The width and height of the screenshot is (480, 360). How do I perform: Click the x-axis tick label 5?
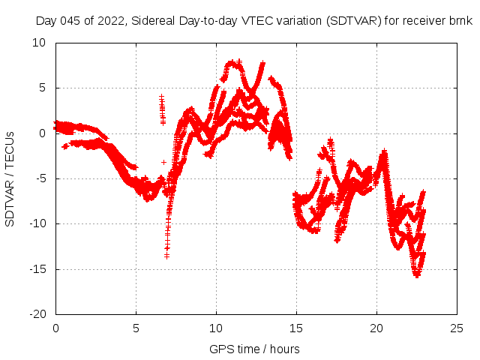(136, 328)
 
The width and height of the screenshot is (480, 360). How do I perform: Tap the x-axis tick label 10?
(216, 328)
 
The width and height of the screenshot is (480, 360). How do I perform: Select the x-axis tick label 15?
(296, 328)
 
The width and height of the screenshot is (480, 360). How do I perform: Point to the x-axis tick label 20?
(376, 328)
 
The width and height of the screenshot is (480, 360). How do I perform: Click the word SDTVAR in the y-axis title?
(10, 202)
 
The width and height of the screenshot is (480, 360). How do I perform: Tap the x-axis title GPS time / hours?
(256, 349)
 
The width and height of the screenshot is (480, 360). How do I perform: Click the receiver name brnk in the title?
(458, 21)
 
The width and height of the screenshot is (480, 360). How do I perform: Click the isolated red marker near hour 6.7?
(163, 162)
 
